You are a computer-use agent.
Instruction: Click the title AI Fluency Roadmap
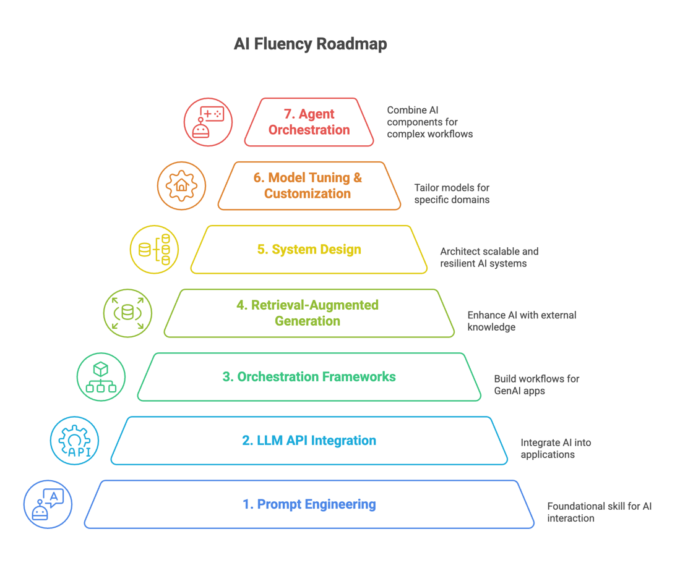pos(310,44)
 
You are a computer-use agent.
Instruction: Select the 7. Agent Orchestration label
pos(309,122)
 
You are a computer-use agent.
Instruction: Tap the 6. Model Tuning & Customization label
pos(308,186)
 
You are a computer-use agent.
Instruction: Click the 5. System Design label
pos(309,250)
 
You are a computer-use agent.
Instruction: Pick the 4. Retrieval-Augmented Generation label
pos(308,313)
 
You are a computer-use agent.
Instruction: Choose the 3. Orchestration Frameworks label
pos(309,377)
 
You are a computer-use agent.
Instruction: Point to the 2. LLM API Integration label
pos(309,441)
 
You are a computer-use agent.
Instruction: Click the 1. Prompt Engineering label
pos(309,504)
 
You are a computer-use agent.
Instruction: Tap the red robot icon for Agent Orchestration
pos(208,122)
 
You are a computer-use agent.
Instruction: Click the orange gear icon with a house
pos(181,186)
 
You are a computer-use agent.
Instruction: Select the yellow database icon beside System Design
pos(155,250)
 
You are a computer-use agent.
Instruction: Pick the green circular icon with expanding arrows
pos(127,313)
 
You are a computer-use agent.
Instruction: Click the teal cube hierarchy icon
pos(101,377)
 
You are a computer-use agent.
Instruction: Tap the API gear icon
pos(74,441)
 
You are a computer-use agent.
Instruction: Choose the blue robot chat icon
pos(48,504)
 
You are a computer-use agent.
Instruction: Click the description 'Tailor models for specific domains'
pos(452,193)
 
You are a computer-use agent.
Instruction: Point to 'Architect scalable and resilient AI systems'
pos(489,257)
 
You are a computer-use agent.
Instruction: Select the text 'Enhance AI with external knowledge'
pos(521,321)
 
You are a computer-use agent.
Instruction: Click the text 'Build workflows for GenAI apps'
pos(536,384)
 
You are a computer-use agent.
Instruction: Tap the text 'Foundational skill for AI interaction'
pos(598,512)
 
